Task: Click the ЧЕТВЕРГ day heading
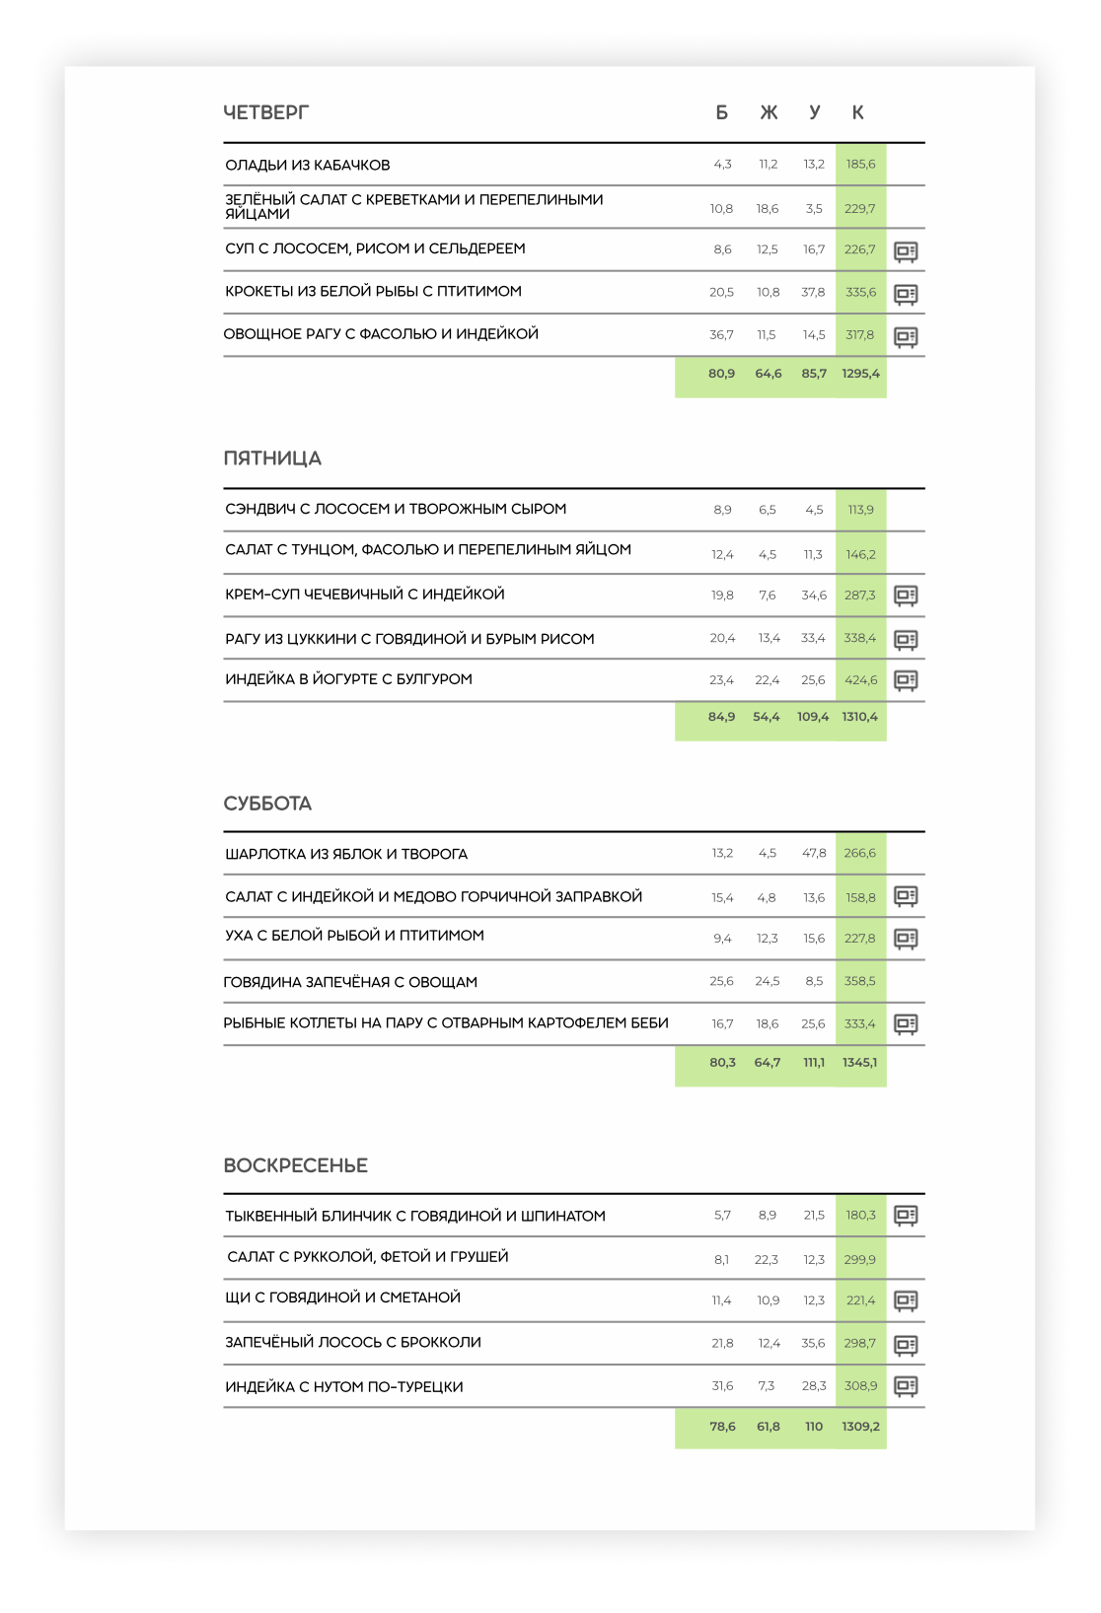[x=265, y=112]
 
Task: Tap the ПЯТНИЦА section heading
[x=272, y=458]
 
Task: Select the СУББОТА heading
[x=267, y=804]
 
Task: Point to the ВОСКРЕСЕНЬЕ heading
[x=295, y=1165]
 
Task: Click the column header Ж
[x=769, y=112]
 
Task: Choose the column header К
[x=858, y=112]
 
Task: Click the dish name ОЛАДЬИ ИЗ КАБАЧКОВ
[x=308, y=165]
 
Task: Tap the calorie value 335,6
[x=860, y=292]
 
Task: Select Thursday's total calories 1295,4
[x=860, y=374]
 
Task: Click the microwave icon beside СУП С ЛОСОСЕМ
[x=906, y=251]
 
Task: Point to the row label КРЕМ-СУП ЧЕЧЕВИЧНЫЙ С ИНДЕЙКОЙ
[x=365, y=595]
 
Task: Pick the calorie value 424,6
[x=860, y=680]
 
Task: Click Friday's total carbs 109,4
[x=813, y=717]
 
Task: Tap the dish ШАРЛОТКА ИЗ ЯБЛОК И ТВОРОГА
[x=346, y=854]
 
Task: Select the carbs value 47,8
[x=814, y=853]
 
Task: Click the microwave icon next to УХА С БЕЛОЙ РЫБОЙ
[x=906, y=939]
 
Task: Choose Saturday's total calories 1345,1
[x=859, y=1062]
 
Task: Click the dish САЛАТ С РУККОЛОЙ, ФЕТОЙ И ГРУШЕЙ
[x=368, y=1257]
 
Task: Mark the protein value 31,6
[x=722, y=1386]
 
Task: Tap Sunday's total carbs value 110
[x=814, y=1427]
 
